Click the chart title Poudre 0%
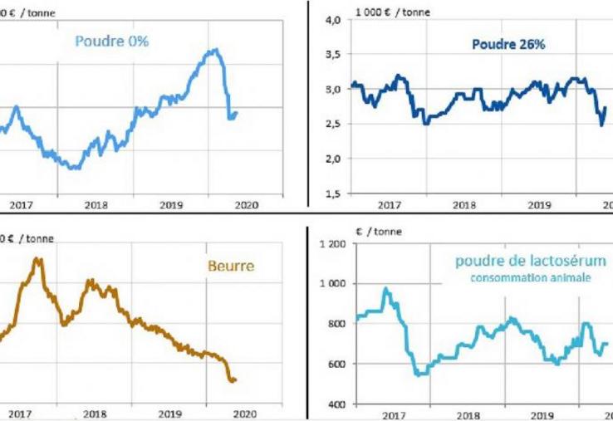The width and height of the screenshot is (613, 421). click(x=112, y=41)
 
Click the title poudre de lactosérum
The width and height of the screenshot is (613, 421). click(x=530, y=262)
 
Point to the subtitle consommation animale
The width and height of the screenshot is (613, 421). click(x=529, y=278)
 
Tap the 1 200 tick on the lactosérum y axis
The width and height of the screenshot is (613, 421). click(x=330, y=243)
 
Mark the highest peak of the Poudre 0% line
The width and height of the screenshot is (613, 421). click(x=215, y=50)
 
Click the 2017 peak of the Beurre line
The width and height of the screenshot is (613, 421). click(x=37, y=259)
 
